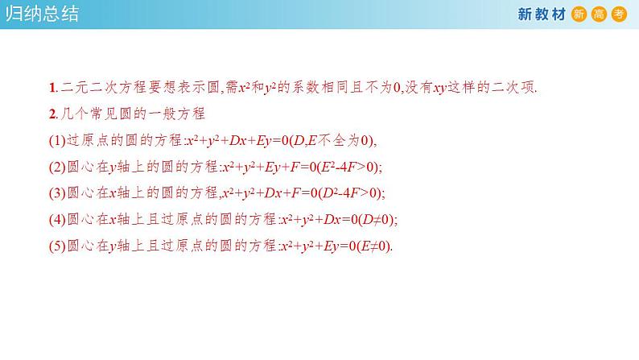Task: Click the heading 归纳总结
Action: [41, 14]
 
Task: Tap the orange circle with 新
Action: [579, 14]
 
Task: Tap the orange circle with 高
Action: [599, 14]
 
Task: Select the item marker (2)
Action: [56, 167]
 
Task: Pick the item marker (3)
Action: [56, 192]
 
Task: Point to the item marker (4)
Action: [56, 219]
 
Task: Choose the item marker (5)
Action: [56, 246]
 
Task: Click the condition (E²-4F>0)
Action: [345, 167]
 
